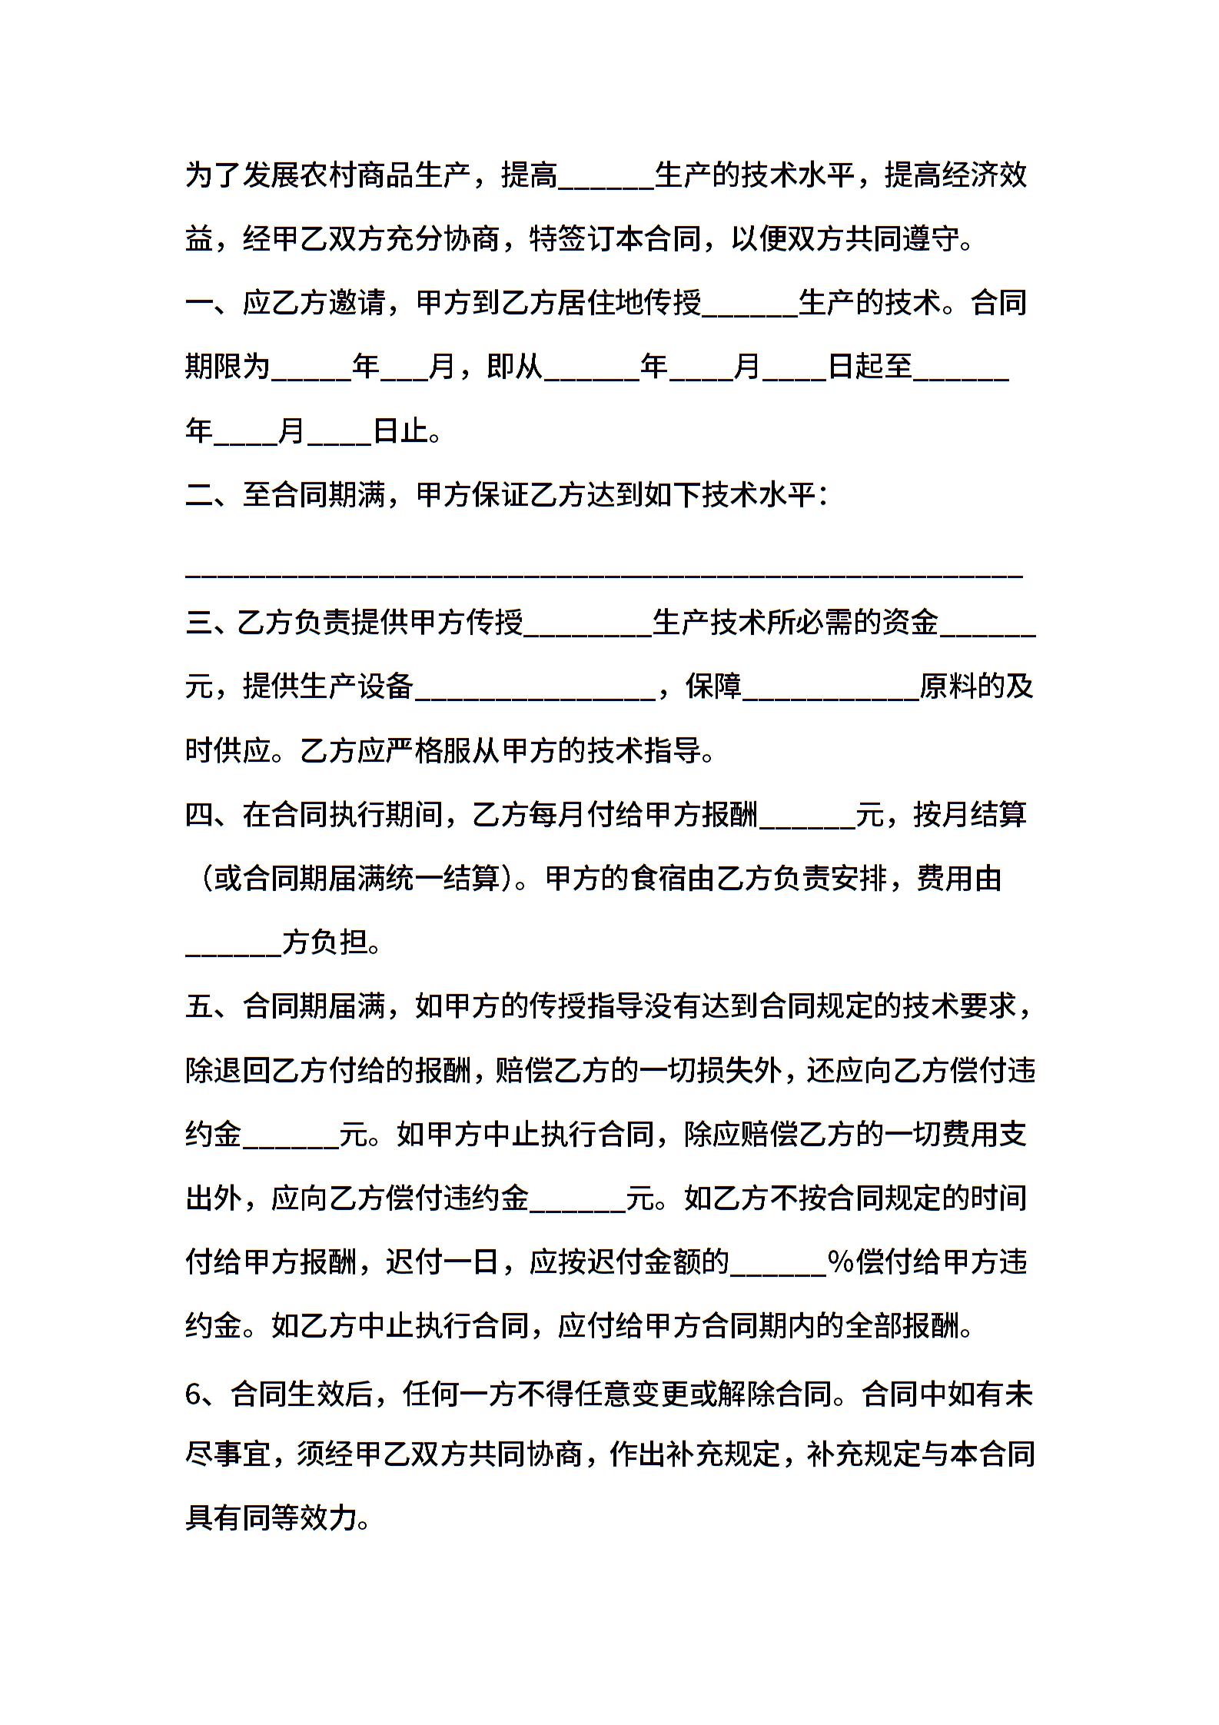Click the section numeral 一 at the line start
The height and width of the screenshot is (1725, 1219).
[199, 303]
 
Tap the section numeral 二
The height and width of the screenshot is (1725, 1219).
[199, 495]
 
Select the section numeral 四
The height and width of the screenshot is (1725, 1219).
[199, 814]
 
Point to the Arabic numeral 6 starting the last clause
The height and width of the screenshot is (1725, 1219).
[194, 1394]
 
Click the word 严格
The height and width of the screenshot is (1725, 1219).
[414, 750]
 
